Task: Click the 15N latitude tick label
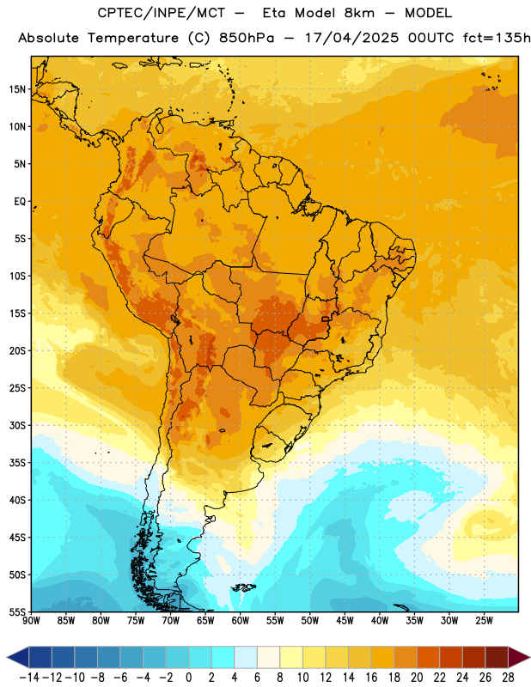click(17, 89)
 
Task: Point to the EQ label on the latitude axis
click(20, 202)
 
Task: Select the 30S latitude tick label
click(17, 425)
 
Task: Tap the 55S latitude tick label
click(17, 612)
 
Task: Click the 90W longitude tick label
click(31, 621)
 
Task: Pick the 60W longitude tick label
click(241, 621)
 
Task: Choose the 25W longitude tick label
click(484, 621)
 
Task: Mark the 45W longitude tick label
click(345, 621)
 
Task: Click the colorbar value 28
click(508, 678)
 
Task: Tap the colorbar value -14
click(29, 678)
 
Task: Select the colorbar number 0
click(188, 678)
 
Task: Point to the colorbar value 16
click(371, 678)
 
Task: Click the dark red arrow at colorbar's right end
click(518, 657)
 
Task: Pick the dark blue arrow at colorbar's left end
click(18, 657)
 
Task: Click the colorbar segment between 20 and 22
click(429, 657)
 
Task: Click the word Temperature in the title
click(133, 38)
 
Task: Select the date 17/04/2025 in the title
click(351, 38)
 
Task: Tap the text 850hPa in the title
click(247, 38)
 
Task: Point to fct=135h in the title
click(497, 38)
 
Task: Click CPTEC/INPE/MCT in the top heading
click(161, 13)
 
